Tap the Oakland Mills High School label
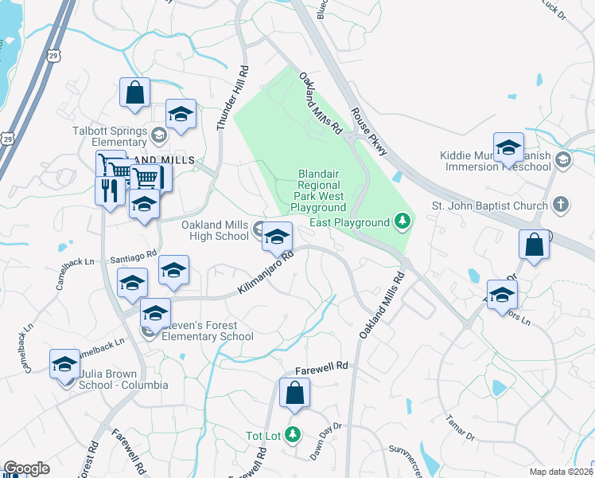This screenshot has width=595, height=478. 215,230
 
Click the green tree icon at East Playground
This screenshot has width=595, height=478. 403,221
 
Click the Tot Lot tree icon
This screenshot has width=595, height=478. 294,434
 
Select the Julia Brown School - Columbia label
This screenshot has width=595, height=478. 122,379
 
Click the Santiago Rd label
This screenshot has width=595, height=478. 134,257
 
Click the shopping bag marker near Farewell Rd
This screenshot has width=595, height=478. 294,393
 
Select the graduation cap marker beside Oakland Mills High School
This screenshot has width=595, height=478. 277,237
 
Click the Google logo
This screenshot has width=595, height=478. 27,468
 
